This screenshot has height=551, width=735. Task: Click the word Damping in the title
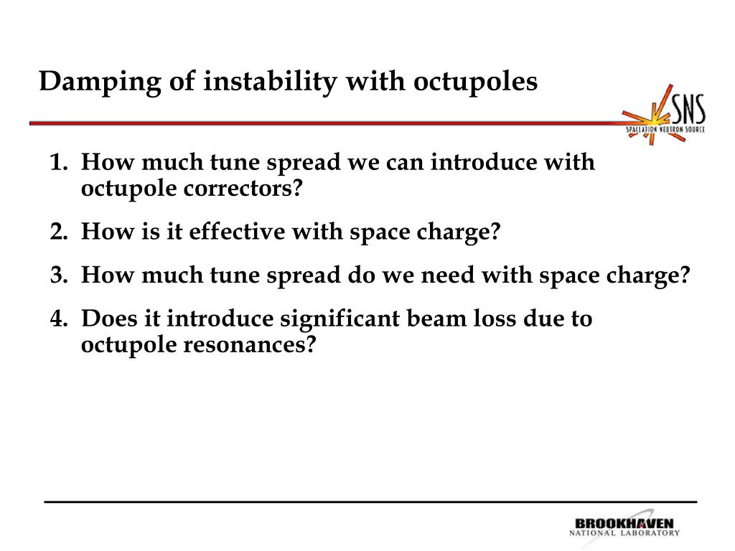point(99,83)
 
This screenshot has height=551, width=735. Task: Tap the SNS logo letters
point(688,109)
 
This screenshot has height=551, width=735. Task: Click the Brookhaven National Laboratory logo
point(624,527)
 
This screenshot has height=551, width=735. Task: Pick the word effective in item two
point(237,231)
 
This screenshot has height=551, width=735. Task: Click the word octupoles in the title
point(475,83)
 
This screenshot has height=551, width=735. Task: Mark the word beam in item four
point(436,318)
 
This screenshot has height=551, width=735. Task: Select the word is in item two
point(151,231)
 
